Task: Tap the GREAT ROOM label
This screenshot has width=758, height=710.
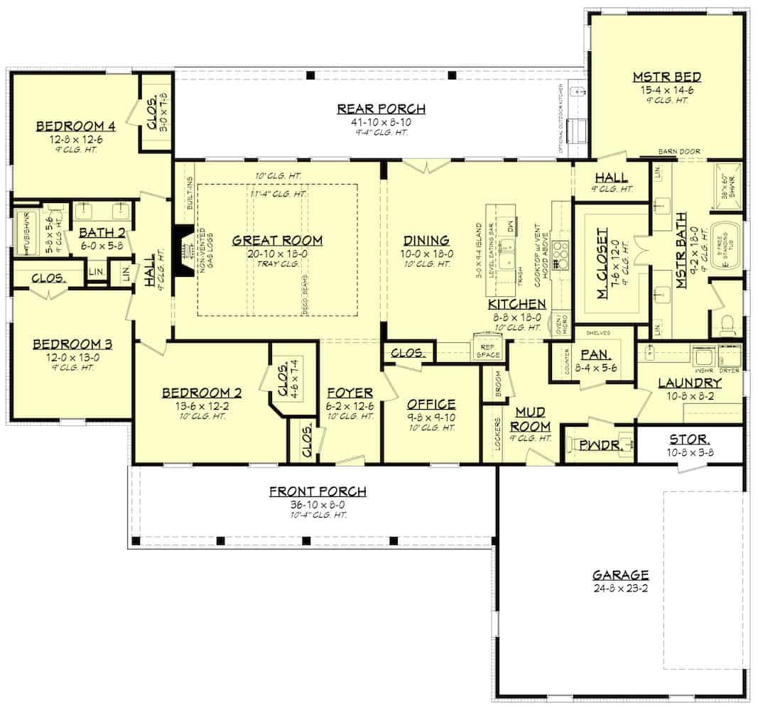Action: tap(277, 241)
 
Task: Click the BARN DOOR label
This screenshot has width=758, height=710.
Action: tap(681, 151)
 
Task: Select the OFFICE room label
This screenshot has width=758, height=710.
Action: tap(431, 404)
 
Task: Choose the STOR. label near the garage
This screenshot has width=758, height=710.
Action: tap(688, 439)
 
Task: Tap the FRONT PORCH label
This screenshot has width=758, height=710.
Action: tap(318, 491)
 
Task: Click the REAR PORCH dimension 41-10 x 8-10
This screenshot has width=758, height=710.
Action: tap(381, 121)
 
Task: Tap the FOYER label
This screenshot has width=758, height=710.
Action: tap(350, 393)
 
